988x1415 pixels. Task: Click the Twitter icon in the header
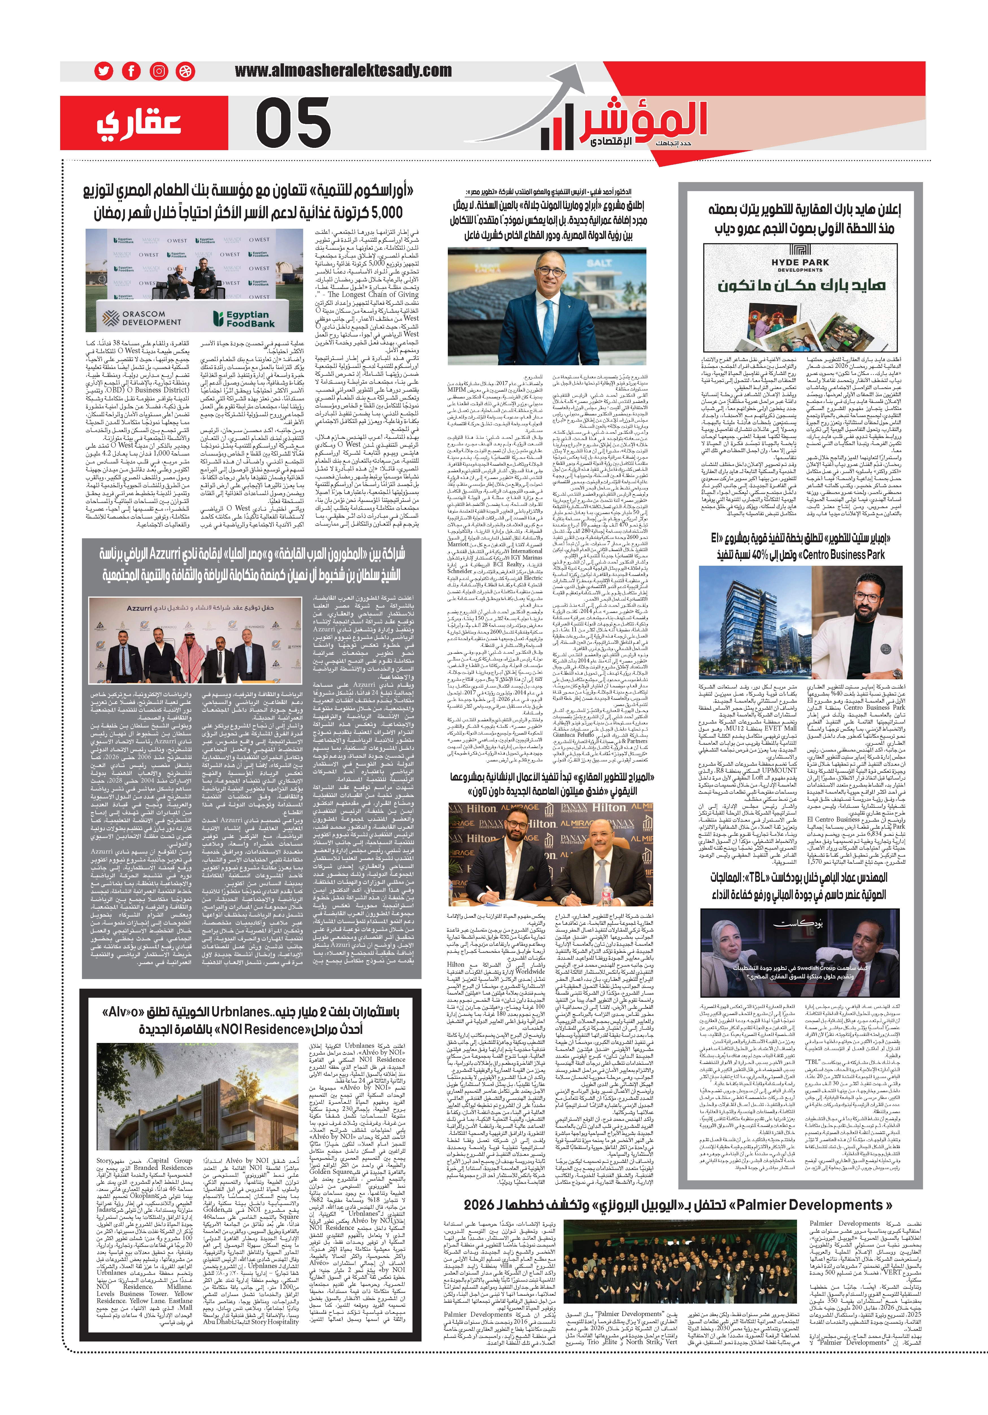(x=103, y=71)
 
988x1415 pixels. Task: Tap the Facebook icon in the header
(x=131, y=71)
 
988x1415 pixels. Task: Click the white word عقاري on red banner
(x=139, y=123)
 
